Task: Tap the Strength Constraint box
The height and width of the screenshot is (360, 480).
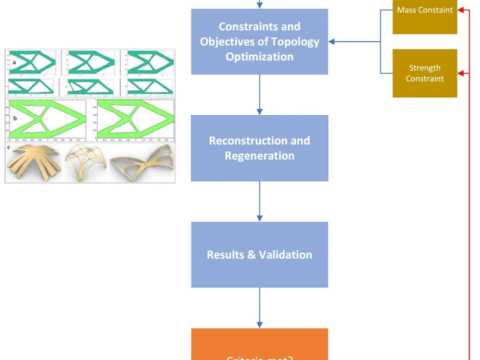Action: pos(425,73)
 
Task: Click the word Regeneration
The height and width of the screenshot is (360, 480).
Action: pos(259,156)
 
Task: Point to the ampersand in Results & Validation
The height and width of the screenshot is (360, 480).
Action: pos(251,255)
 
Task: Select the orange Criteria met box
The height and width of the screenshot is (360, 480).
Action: pos(259,348)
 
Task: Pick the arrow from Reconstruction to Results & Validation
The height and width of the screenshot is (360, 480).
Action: pos(260,201)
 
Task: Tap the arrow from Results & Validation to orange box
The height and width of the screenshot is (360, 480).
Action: pos(260,308)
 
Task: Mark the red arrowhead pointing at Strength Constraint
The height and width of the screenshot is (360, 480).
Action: pos(461,73)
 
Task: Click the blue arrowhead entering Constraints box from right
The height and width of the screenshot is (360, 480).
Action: pos(332,42)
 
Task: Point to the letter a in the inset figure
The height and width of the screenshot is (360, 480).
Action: pos(14,62)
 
